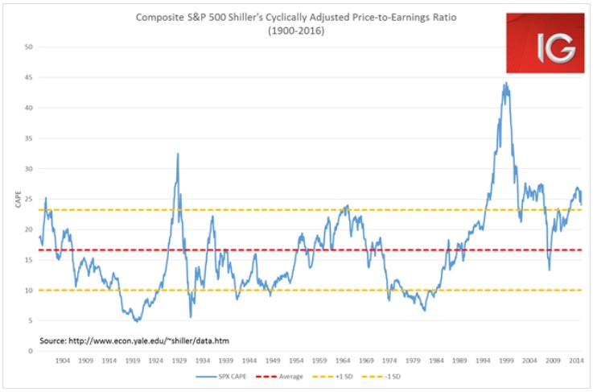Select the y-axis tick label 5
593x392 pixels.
(x=30, y=320)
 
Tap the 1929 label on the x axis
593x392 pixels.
(x=179, y=361)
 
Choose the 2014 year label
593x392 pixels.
(x=576, y=361)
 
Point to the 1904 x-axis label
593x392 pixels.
(x=63, y=361)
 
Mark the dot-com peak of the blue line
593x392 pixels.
(x=505, y=83)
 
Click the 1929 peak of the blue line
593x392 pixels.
(x=178, y=154)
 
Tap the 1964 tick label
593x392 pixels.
(x=343, y=361)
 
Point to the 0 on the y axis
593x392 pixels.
(x=30, y=351)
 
